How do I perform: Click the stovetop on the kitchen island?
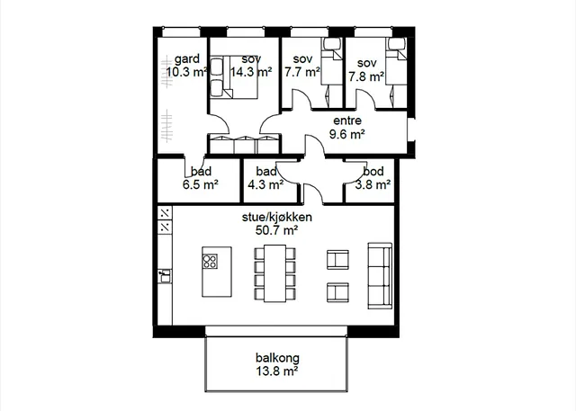(x=210, y=262)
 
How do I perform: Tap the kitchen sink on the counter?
(x=165, y=276)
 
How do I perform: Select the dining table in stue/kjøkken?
(x=275, y=273)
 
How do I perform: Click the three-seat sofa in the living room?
(x=380, y=275)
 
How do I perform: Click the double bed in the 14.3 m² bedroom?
(x=233, y=76)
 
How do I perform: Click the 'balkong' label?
(x=277, y=358)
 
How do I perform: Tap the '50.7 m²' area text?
(x=276, y=230)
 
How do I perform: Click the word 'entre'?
(x=347, y=121)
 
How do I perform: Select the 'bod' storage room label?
(x=373, y=172)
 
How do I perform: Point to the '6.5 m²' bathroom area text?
(x=201, y=184)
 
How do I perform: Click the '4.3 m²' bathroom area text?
(x=265, y=184)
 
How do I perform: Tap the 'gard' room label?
(x=187, y=58)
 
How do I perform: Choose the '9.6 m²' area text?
(x=347, y=134)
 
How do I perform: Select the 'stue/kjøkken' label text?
(x=277, y=217)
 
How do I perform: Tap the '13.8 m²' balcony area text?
(x=277, y=371)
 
